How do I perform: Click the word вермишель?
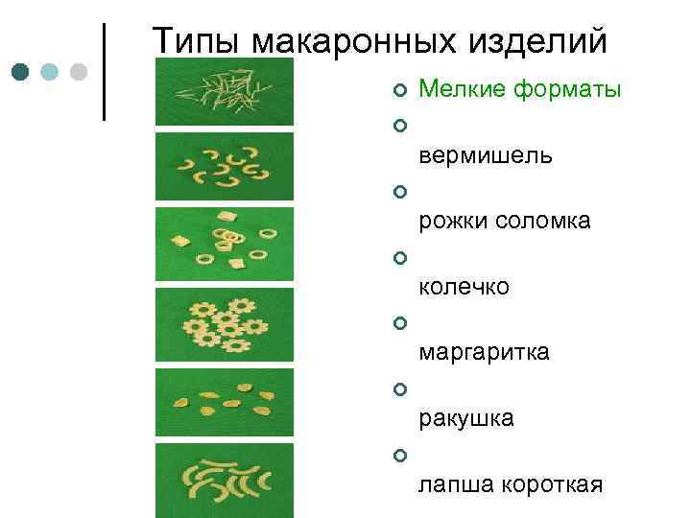click(x=486, y=156)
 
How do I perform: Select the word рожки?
click(x=452, y=222)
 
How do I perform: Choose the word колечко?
click(x=465, y=287)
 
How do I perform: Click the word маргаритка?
click(x=485, y=353)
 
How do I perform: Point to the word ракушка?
click(x=466, y=418)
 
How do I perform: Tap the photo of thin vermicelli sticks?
click(x=224, y=91)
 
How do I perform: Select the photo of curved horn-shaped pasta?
click(x=224, y=166)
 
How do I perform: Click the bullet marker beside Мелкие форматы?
click(x=399, y=91)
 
